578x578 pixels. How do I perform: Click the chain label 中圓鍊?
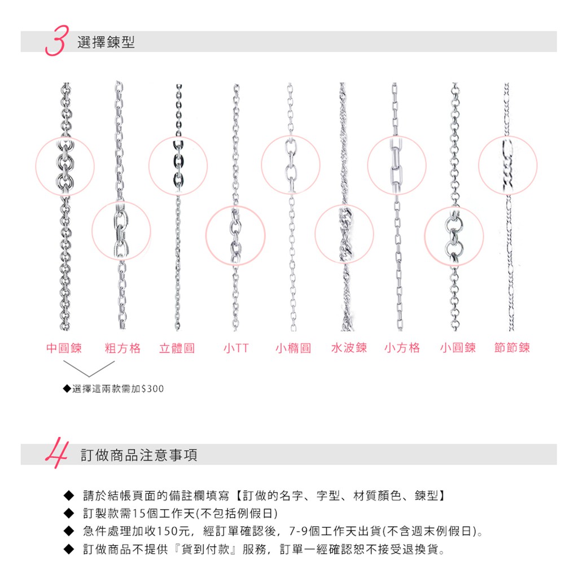64,348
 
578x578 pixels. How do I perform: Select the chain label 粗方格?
122,348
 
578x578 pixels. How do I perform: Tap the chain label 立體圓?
177,348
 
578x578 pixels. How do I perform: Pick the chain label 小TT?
236,348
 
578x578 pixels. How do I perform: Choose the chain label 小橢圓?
294,348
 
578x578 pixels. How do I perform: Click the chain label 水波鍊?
349,348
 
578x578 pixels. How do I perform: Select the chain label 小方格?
402,348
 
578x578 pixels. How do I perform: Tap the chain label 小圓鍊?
458,348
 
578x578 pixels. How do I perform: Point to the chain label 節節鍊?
512,348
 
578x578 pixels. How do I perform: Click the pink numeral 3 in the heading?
57,41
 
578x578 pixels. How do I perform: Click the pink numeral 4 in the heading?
57,453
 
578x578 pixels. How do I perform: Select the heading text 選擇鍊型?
106,42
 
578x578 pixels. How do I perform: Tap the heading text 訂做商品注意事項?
139,455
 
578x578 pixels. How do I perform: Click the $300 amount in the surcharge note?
152,388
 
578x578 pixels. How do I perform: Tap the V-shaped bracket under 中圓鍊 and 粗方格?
89,376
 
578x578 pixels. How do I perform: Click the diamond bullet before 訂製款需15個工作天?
69,513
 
